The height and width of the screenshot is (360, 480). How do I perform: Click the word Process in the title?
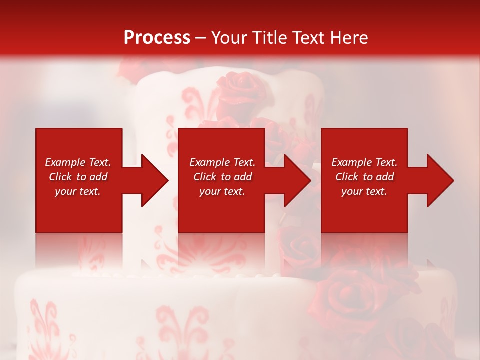157,37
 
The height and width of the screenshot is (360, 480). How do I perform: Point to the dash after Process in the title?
200,38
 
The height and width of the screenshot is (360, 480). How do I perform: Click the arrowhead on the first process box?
153,180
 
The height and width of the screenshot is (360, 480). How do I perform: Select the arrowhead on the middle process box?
295,180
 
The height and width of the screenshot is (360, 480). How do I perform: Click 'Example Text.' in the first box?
78,162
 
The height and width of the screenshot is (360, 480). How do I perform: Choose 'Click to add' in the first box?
78,177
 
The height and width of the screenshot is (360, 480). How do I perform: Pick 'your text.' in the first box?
78,191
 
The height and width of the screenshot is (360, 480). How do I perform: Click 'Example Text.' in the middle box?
222,162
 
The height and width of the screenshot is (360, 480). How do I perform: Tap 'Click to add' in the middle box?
222,177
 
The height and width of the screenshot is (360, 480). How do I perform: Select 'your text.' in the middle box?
222,191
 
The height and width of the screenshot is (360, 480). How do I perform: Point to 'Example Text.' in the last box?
364,162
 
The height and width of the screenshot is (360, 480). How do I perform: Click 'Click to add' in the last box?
364,177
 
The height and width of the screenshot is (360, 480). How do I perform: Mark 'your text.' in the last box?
364,191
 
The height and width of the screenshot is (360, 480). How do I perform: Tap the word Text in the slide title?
311,37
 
